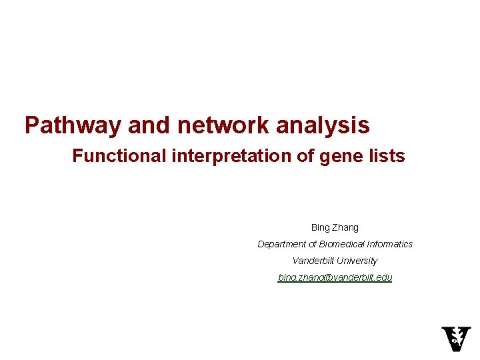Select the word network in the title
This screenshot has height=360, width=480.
click(x=217, y=125)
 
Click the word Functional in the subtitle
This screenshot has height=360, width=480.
click(x=119, y=156)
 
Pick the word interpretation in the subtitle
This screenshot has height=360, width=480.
click(x=227, y=156)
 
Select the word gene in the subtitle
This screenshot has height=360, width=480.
click(x=334, y=156)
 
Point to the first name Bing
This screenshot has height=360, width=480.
click(x=321, y=227)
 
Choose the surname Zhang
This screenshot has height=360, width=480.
click(x=345, y=227)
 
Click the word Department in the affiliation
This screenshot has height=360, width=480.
click(x=282, y=244)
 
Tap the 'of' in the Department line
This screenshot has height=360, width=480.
click(x=313, y=244)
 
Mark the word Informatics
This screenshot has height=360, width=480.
click(x=390, y=244)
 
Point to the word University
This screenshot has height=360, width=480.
click(x=358, y=261)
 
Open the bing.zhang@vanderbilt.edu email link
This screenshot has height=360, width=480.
click(x=335, y=277)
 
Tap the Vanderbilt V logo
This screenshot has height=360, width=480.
click(x=456, y=339)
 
